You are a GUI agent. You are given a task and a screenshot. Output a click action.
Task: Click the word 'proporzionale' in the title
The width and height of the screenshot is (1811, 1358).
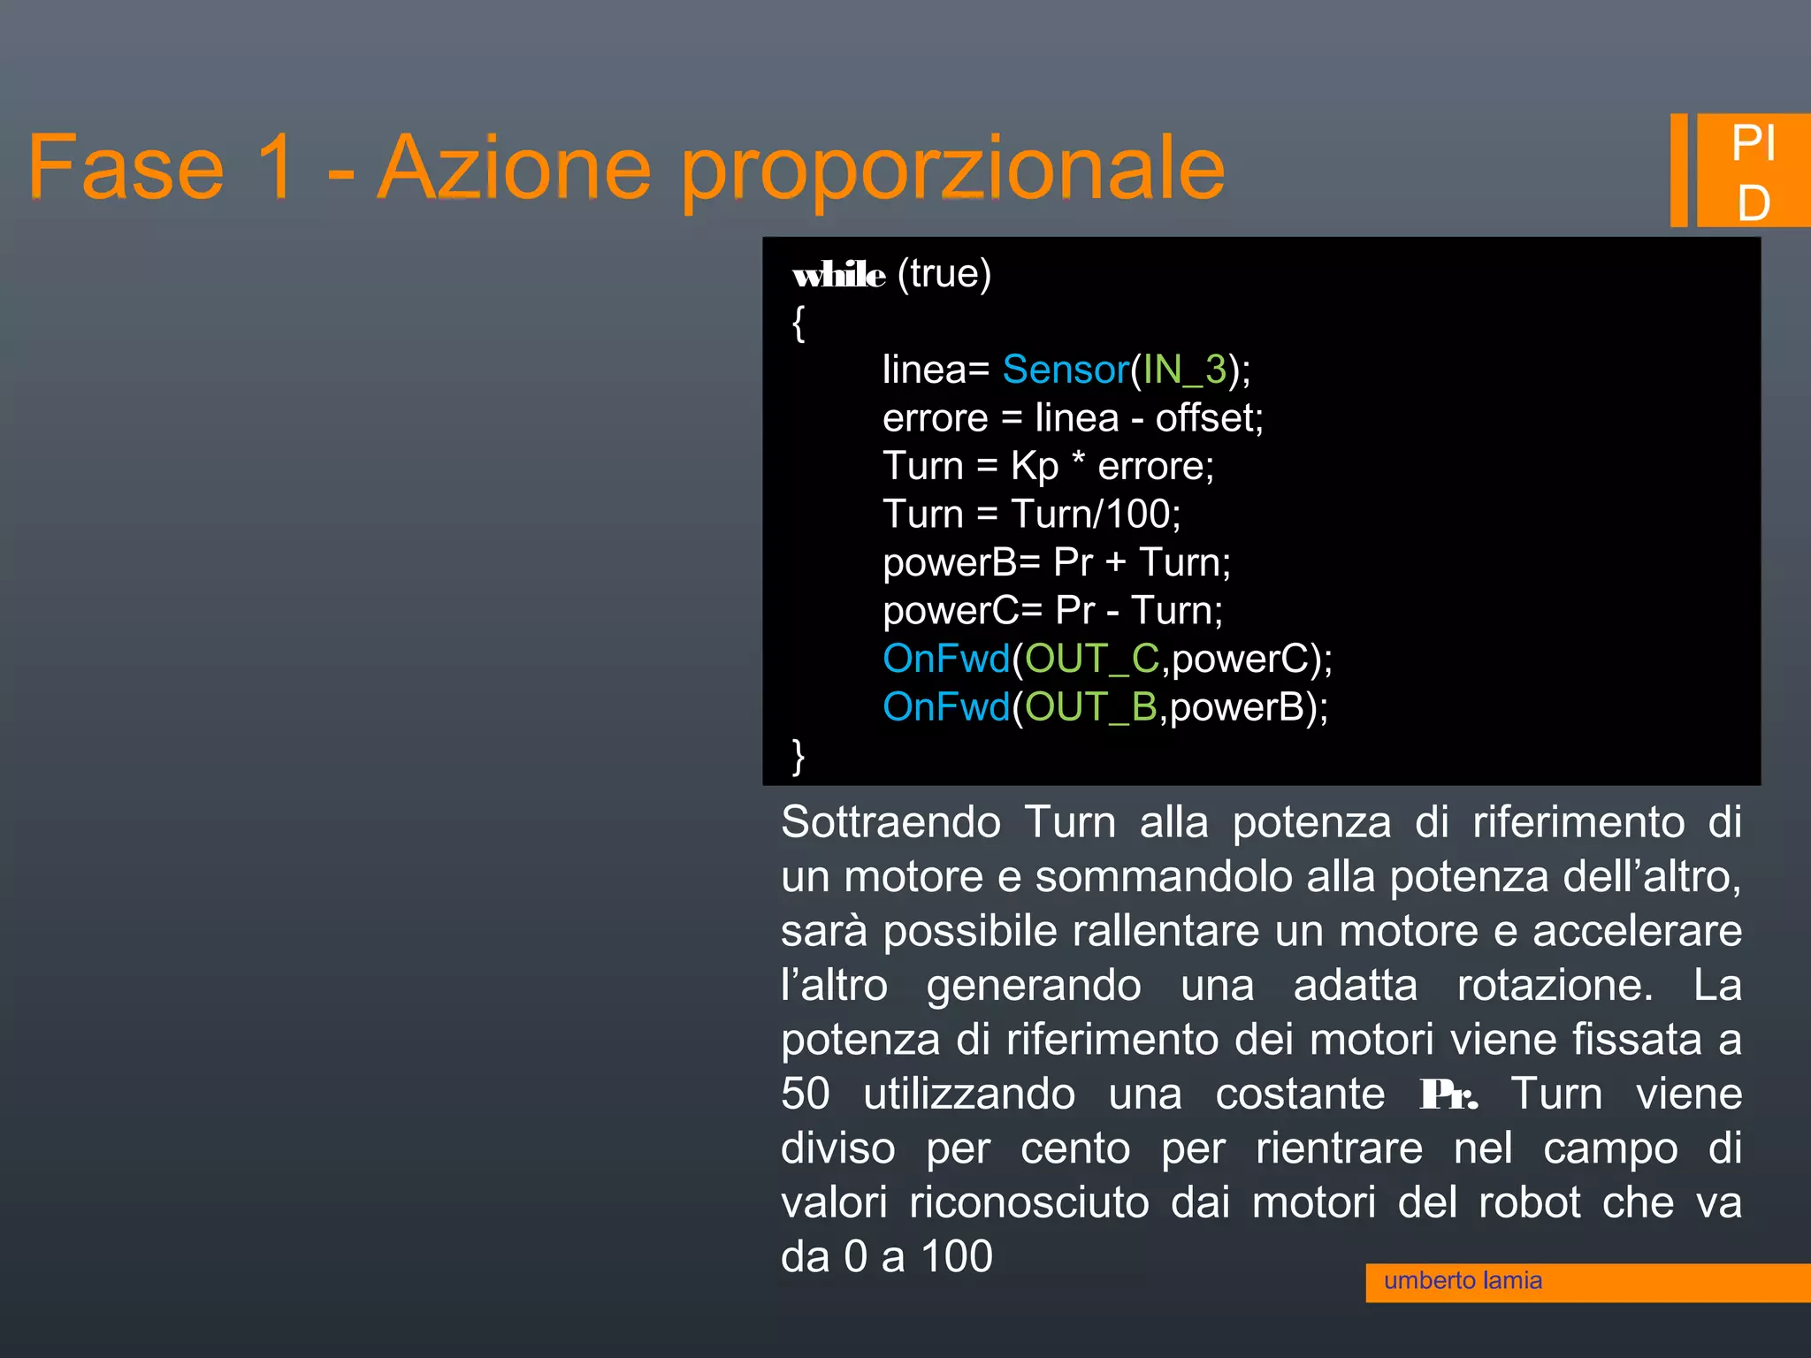tap(952, 168)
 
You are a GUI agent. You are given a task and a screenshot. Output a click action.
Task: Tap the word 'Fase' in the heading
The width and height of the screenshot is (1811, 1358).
tap(126, 168)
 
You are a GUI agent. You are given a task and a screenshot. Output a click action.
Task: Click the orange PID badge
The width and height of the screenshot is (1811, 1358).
tap(1752, 172)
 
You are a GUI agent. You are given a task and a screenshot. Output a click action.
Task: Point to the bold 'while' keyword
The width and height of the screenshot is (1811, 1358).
tap(838, 275)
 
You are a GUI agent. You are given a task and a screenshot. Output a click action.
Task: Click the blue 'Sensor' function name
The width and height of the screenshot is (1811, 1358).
tap(1066, 370)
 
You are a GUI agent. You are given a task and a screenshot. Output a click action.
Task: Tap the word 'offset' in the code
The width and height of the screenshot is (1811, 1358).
tap(1205, 417)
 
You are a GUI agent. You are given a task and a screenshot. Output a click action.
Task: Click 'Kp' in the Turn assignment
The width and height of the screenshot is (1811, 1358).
tap(1034, 466)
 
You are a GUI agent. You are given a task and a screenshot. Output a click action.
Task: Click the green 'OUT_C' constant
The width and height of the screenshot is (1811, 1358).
tap(1091, 659)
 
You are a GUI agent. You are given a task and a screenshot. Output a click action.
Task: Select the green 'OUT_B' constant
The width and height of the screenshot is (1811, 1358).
tap(1090, 707)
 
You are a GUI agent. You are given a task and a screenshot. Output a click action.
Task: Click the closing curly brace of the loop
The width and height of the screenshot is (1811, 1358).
tap(799, 757)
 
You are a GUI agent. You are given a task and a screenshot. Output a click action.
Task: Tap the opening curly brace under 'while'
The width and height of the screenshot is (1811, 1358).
tap(799, 323)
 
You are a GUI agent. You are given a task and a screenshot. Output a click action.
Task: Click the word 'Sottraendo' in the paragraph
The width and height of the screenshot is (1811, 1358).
tap(890, 822)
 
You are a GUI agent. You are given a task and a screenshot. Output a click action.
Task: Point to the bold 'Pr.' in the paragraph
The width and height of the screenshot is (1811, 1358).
tap(1448, 1095)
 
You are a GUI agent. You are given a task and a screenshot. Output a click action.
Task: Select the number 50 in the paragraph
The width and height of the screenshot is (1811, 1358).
tap(805, 1094)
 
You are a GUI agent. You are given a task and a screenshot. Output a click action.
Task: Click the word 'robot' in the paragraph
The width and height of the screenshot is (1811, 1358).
tap(1529, 1202)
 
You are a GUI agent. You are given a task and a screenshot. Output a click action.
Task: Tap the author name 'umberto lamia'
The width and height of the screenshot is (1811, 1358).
tap(1463, 1281)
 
